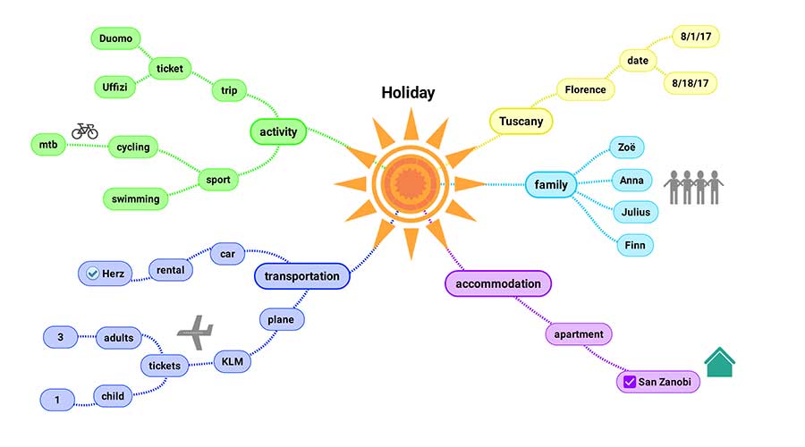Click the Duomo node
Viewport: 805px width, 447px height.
(116, 38)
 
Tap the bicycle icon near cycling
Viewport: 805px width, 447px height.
(85, 131)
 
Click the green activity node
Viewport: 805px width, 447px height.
(278, 132)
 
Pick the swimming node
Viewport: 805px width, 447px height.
(136, 198)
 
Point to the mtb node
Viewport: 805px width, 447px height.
(47, 144)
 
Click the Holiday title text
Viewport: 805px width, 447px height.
(408, 92)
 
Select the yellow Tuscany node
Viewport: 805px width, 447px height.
(521, 121)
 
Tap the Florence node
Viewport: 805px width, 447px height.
(586, 89)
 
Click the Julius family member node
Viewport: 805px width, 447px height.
(636, 212)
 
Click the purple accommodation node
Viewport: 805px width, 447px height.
(498, 284)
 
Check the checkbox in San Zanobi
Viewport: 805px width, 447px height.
(629, 383)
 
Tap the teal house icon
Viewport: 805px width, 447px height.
(719, 363)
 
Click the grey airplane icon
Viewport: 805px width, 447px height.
(196, 332)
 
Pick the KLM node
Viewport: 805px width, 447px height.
(233, 362)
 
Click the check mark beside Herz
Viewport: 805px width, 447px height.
(92, 273)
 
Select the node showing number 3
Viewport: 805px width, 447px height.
(60, 337)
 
